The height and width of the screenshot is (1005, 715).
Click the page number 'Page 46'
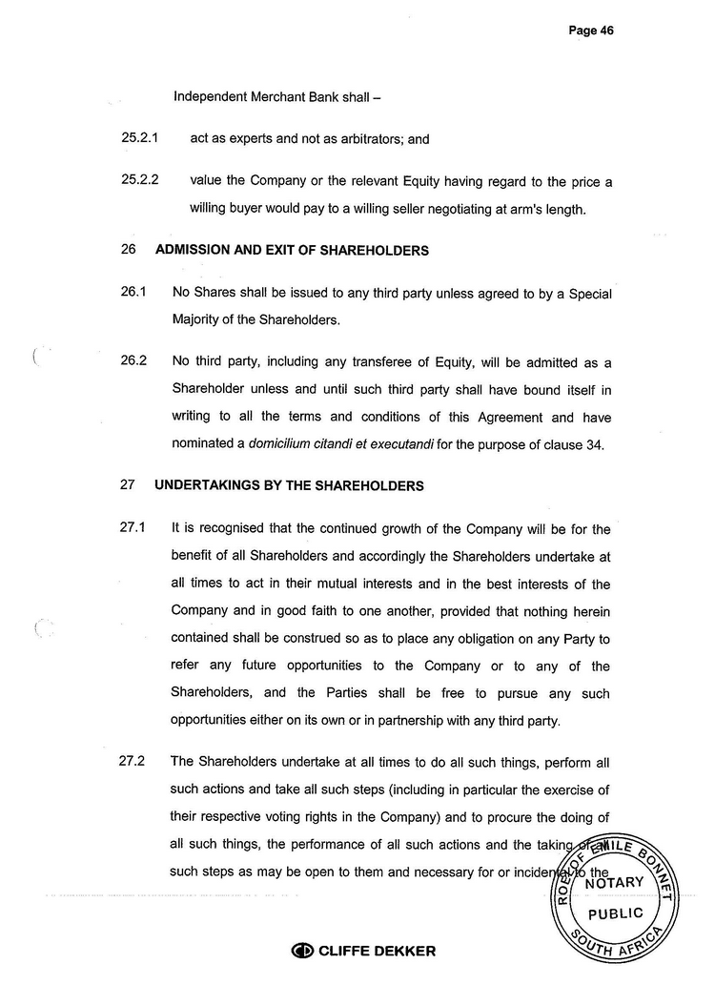pyautogui.click(x=590, y=31)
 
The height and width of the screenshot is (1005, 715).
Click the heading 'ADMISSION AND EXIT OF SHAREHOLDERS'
pyautogui.click(x=292, y=251)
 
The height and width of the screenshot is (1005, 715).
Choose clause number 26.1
pyautogui.click(x=133, y=294)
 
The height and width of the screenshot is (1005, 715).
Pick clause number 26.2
pyautogui.click(x=133, y=361)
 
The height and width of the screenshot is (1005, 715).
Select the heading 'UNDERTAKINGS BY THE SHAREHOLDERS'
pyautogui.click(x=289, y=485)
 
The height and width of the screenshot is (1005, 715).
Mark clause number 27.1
pyautogui.click(x=133, y=528)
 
